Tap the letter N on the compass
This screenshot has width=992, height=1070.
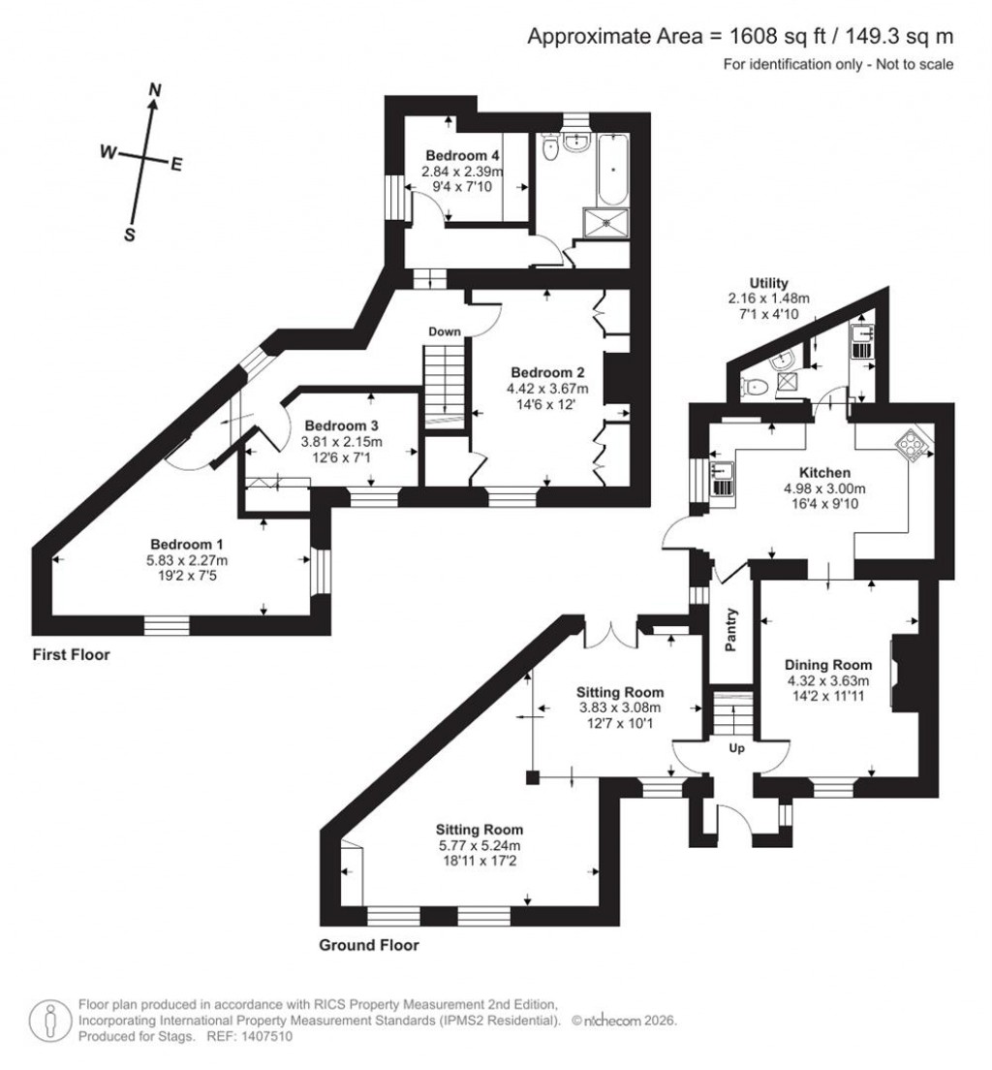[153, 90]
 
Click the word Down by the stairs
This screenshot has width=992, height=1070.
[446, 331]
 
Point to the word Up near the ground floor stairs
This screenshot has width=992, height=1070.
[735, 748]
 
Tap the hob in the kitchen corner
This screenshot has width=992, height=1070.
[915, 445]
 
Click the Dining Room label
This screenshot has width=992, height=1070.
[828, 665]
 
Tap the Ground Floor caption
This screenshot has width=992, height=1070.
[369, 945]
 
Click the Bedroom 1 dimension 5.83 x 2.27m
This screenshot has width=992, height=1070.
[192, 560]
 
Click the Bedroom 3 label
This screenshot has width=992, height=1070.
[341, 425]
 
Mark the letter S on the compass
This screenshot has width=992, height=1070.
[129, 235]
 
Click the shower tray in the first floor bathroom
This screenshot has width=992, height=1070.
[607, 222]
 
